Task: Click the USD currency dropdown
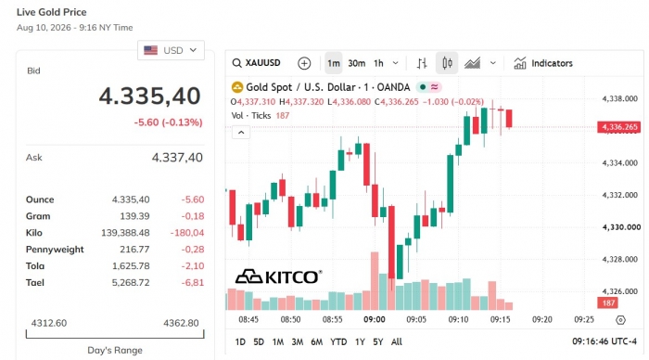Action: tap(171, 50)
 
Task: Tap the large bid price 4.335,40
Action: tap(150, 96)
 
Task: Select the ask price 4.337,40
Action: tap(177, 158)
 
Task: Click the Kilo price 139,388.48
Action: tap(125, 233)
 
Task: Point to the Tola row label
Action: tap(35, 266)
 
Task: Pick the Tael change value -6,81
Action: tap(193, 283)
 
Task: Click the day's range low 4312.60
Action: tap(49, 323)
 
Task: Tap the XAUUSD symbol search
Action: tap(257, 63)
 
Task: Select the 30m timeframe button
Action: tap(356, 63)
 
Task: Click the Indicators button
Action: tap(543, 63)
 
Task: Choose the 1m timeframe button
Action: tap(334, 63)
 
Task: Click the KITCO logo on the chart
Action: tap(278, 276)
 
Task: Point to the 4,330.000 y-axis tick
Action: tap(621, 227)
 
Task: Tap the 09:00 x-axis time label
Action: tap(375, 319)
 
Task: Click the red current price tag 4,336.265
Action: tap(618, 127)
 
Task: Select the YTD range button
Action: tap(338, 341)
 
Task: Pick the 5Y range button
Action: tap(378, 341)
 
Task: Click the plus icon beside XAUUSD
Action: tap(304, 63)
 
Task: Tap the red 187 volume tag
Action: tap(607, 302)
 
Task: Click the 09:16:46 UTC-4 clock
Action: tap(604, 341)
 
